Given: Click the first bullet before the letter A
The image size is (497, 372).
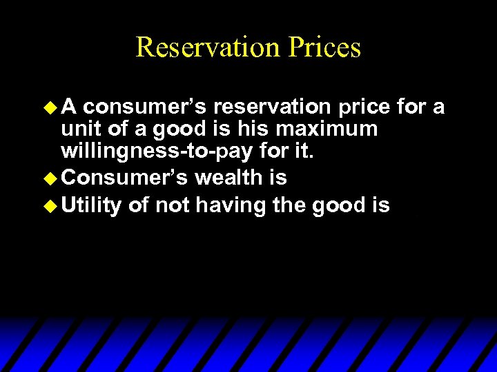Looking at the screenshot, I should [x=48, y=107].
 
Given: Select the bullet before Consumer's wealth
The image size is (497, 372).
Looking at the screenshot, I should [x=48, y=178].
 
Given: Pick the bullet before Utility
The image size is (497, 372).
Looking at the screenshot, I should [x=48, y=205].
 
